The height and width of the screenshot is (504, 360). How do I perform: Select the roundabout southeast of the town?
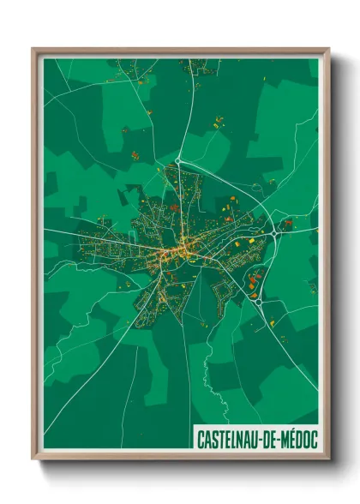coord(258,300)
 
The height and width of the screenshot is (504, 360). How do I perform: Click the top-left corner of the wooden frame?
coord(33,50)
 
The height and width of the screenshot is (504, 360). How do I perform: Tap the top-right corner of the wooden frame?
coord(328,50)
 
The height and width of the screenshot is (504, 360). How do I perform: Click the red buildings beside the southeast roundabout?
coord(254,280)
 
